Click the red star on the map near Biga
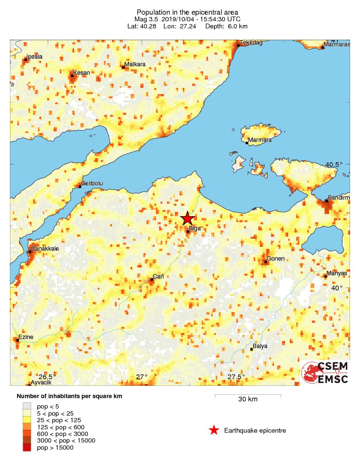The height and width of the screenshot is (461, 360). (x=188, y=218)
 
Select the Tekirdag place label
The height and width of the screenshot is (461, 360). (x=251, y=43)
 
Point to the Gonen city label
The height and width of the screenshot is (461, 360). (x=275, y=259)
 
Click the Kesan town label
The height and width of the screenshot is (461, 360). (x=81, y=73)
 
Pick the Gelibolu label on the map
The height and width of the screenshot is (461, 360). (x=92, y=183)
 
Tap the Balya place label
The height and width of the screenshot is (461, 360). (x=260, y=346)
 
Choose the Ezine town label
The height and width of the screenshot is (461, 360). (x=26, y=337)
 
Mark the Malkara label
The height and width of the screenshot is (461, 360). (x=135, y=64)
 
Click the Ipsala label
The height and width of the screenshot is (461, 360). (x=34, y=57)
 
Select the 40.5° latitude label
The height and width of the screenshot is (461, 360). (x=334, y=165)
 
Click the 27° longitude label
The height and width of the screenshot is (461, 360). (x=142, y=377)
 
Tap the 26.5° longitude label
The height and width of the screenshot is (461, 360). (x=47, y=377)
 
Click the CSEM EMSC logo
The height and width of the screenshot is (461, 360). (x=325, y=373)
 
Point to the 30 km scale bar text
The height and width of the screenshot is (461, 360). (x=248, y=400)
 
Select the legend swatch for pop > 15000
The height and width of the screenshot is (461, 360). (x=27, y=448)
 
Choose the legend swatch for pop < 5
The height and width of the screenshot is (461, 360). (x=27, y=405)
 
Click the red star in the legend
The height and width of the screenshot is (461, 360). (x=214, y=430)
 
